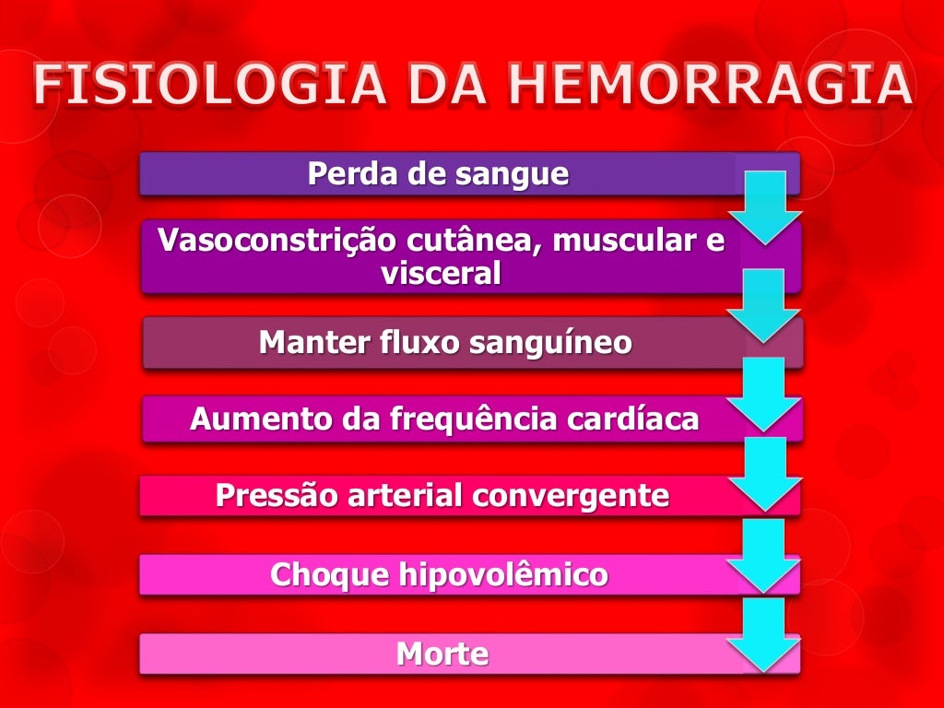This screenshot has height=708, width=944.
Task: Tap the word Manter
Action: click(314, 343)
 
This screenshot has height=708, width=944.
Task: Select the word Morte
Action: click(442, 655)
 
